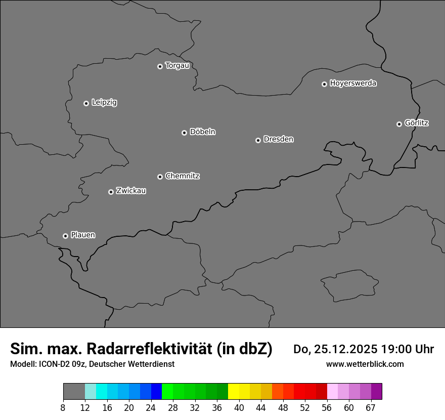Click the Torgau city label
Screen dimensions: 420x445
[x=177, y=66]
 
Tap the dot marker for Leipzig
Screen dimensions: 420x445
[x=86, y=103]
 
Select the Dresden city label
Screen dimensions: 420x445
[x=278, y=139]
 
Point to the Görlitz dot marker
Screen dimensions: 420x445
[x=399, y=124]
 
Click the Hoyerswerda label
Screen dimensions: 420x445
[x=353, y=83]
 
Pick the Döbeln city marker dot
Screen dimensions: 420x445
[x=184, y=133]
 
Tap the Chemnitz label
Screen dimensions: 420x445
[x=182, y=176]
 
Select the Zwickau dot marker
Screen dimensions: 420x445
[x=111, y=192]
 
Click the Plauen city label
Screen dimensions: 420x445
[x=83, y=235]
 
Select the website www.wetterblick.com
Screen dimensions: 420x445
[x=365, y=364]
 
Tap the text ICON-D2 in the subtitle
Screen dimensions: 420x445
[x=53, y=364]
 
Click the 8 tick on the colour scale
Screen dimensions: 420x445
[x=63, y=408]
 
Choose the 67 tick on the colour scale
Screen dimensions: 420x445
[x=371, y=408]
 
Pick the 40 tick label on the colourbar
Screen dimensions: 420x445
[x=239, y=408]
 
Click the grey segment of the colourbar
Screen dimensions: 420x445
[x=74, y=392]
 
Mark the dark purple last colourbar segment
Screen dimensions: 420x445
[x=376, y=392]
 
